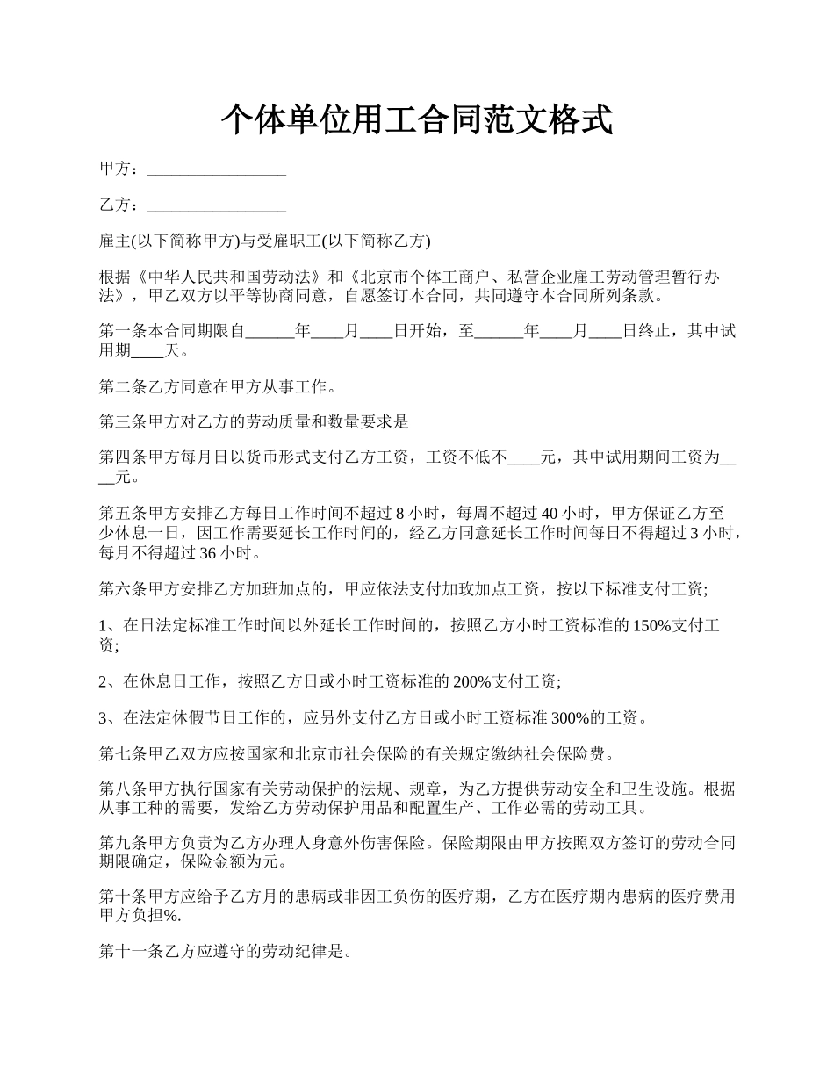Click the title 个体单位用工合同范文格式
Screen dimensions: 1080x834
click(416, 120)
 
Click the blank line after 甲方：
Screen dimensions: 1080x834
click(217, 169)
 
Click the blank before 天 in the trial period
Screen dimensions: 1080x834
click(147, 352)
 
